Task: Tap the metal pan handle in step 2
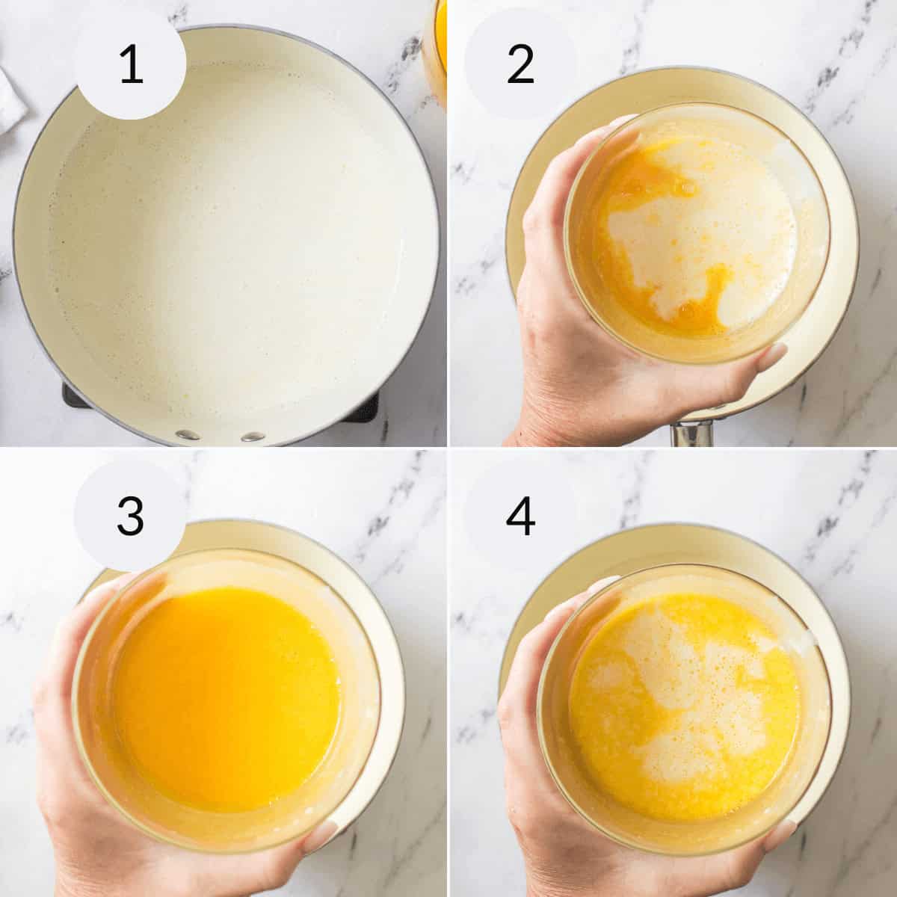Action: (691, 434)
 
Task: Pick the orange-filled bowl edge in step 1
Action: (437, 45)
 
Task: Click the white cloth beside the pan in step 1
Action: (11, 90)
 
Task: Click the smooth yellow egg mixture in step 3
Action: (224, 695)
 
